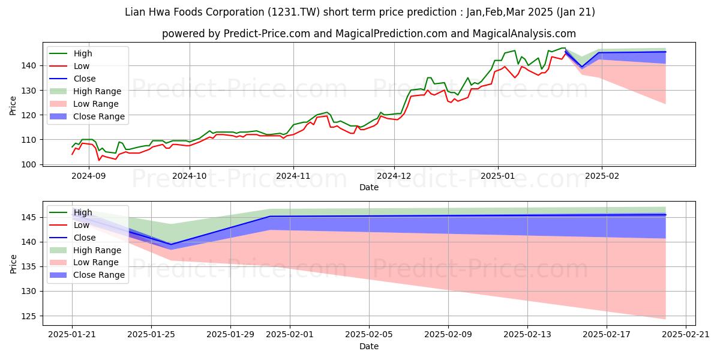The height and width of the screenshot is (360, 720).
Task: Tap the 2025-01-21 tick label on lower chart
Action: click(72, 335)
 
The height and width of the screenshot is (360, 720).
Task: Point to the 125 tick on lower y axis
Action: click(30, 316)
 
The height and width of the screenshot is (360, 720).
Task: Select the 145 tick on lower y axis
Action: click(30, 217)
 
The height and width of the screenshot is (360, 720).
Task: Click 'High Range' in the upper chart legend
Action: click(97, 91)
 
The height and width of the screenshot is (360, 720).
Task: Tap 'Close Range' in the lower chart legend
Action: click(99, 275)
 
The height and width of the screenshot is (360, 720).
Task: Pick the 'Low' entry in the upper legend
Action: click(82, 66)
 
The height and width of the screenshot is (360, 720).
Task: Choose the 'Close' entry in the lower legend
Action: click(85, 238)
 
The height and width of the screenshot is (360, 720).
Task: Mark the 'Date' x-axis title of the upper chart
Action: click(368, 187)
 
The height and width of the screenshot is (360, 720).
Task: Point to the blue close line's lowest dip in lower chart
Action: click(171, 245)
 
